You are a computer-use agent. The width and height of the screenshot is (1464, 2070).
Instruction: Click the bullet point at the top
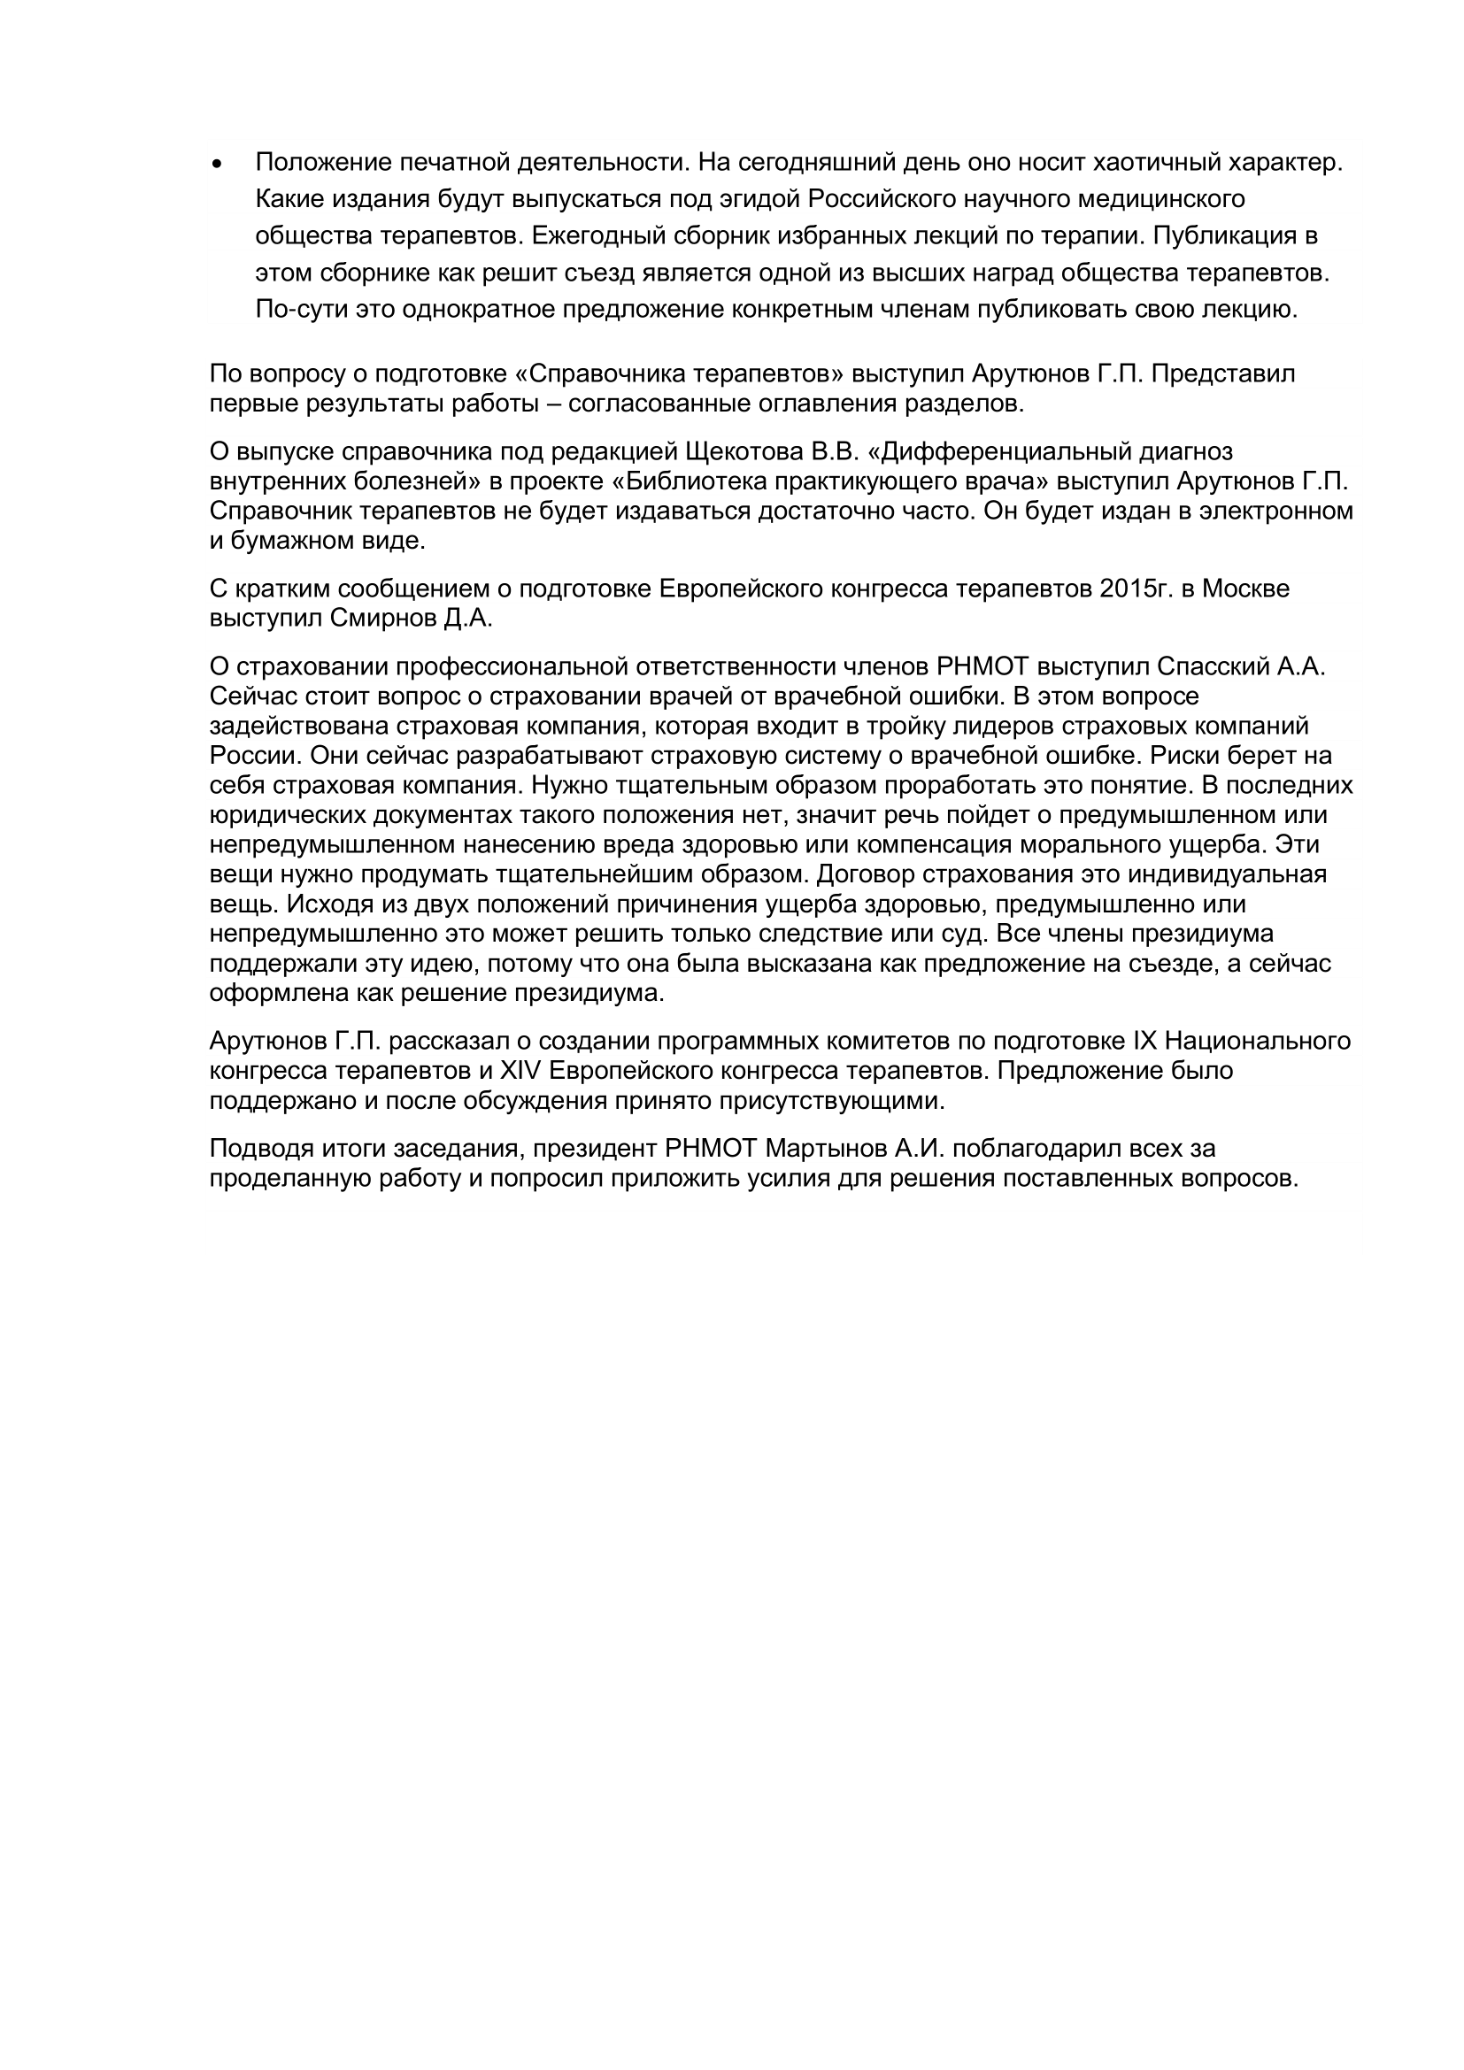[x=215, y=165]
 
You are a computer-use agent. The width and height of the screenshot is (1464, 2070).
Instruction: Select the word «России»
[x=248, y=756]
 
